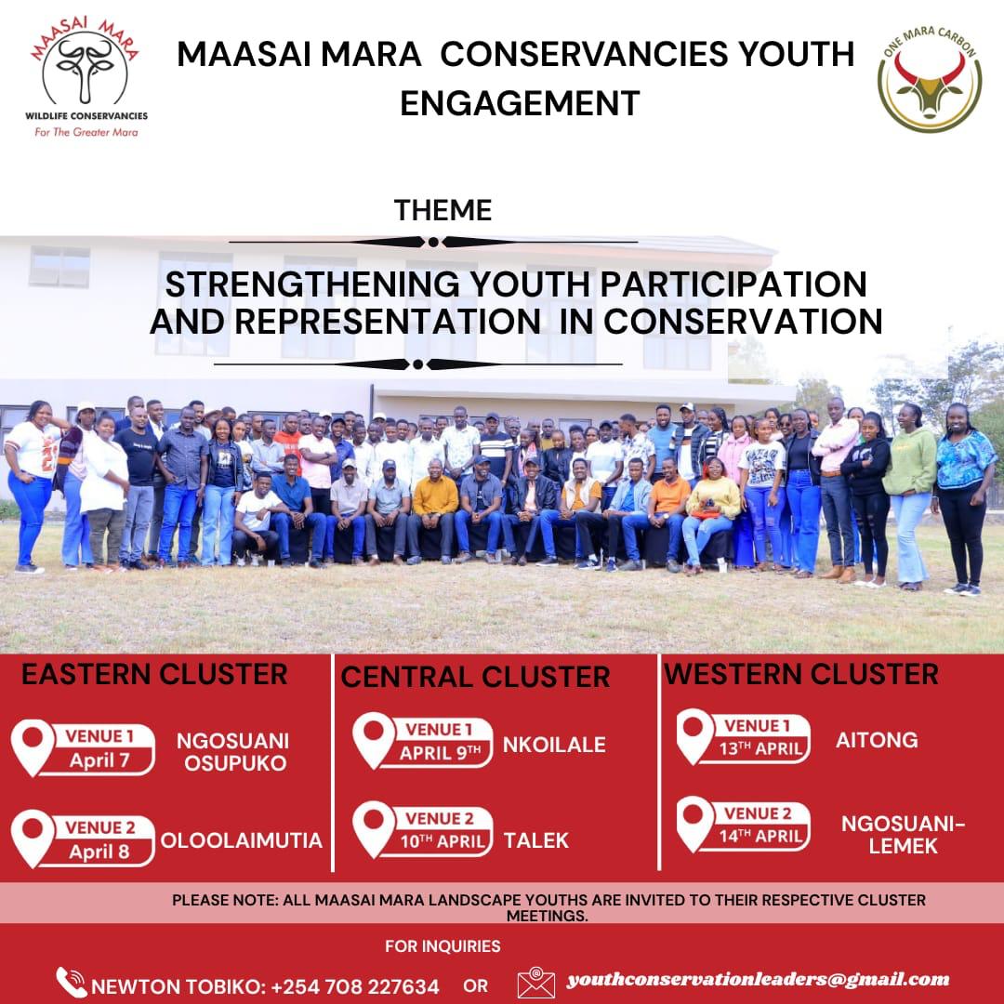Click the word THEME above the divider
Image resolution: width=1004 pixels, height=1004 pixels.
click(443, 210)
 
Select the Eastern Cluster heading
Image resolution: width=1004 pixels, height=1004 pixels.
click(154, 674)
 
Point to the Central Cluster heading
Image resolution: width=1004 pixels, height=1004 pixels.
click(475, 677)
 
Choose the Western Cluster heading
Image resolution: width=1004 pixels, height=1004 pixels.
click(801, 674)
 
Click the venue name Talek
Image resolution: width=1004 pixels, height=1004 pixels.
click(536, 841)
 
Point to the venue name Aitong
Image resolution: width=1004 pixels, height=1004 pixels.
click(877, 740)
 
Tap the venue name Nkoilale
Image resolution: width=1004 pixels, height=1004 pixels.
click(554, 745)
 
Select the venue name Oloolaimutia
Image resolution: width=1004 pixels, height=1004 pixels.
click(242, 840)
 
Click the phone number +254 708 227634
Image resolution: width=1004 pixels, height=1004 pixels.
click(355, 985)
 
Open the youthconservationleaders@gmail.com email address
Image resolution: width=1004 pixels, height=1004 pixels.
click(759, 979)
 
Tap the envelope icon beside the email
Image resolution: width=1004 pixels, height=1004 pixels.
click(536, 983)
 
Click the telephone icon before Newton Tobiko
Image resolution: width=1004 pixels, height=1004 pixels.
click(71, 983)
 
